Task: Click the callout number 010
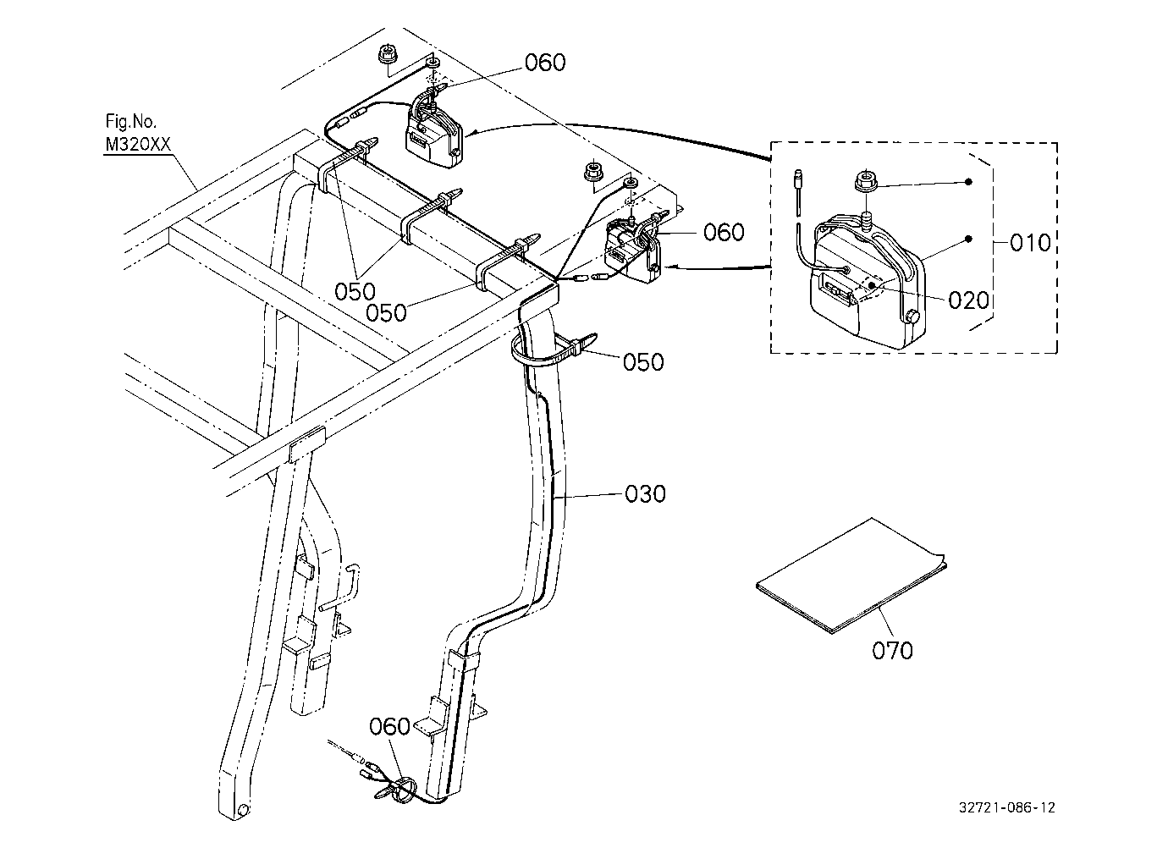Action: (1030, 243)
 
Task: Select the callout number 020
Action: (968, 300)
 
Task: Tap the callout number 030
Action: (646, 494)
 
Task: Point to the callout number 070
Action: (892, 650)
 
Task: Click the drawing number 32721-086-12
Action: (1007, 808)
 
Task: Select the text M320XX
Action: (138, 145)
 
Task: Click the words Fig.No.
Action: (131, 122)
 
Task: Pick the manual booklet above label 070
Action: (851, 575)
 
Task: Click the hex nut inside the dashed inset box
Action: (865, 181)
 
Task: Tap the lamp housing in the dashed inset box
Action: (867, 282)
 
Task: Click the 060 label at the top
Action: (545, 63)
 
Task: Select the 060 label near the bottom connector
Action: (389, 726)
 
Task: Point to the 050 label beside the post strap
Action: (643, 362)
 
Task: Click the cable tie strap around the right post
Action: (554, 350)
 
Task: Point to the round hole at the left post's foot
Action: (242, 810)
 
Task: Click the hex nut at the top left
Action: (386, 54)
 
